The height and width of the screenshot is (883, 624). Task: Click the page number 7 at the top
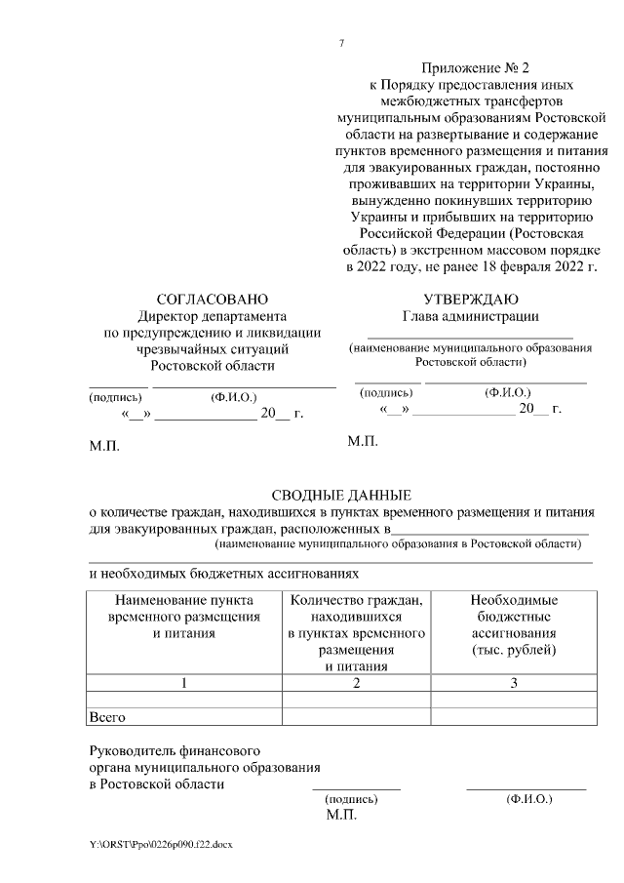[341, 44]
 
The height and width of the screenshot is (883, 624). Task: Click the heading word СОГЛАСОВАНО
[213, 299]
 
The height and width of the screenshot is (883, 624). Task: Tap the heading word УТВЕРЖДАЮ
[471, 299]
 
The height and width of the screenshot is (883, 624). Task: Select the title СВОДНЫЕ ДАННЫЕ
[341, 495]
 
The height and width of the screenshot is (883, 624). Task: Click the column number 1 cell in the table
[183, 682]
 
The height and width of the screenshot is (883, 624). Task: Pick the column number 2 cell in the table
[356, 682]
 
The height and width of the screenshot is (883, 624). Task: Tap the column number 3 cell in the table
[513, 682]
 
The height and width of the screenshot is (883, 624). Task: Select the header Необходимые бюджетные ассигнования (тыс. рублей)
[513, 624]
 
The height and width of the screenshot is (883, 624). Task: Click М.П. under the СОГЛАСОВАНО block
[104, 447]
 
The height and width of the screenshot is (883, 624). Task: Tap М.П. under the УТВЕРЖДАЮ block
[363, 442]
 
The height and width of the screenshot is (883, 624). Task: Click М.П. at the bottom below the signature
[342, 813]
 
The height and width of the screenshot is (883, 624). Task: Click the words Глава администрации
[471, 316]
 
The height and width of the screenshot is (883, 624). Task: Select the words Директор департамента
[213, 316]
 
